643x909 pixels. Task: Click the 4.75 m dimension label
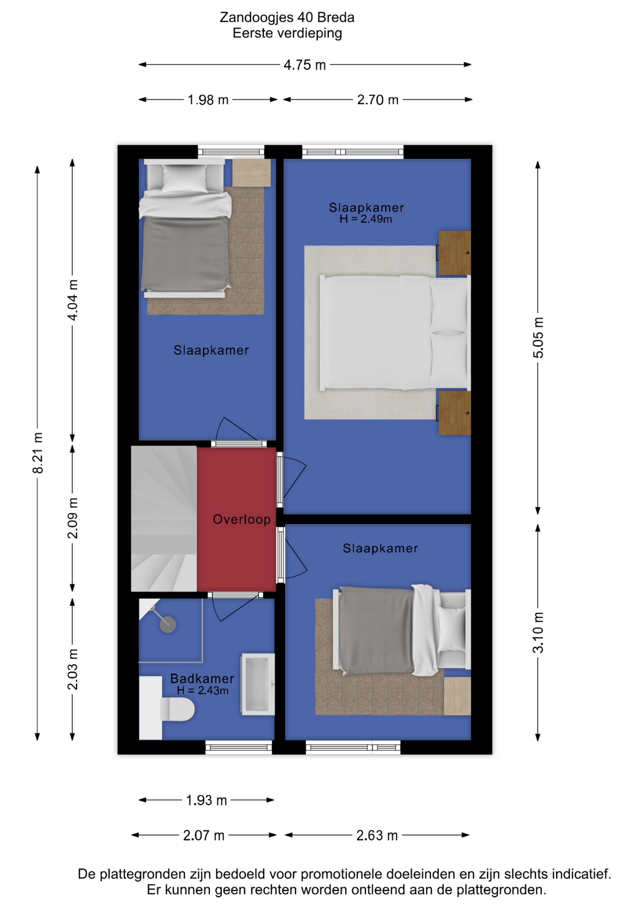point(304,65)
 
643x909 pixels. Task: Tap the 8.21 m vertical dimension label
point(37,453)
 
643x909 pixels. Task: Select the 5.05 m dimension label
point(538,338)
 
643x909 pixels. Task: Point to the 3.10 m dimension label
point(538,633)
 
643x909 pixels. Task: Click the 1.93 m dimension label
point(206,800)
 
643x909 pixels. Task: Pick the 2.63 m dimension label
point(377,835)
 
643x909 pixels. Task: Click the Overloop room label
point(241,519)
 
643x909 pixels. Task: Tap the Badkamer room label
point(202,678)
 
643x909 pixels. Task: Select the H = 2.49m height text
point(366,219)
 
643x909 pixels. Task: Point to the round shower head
point(168,624)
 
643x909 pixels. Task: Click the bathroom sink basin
point(258,684)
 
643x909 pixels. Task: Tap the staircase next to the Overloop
point(164,518)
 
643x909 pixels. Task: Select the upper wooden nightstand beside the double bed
point(454,252)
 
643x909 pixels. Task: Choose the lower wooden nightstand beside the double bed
point(454,413)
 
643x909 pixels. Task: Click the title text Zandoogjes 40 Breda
point(287,18)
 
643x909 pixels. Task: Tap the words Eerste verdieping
point(287,33)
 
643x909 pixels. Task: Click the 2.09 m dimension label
point(72,518)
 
